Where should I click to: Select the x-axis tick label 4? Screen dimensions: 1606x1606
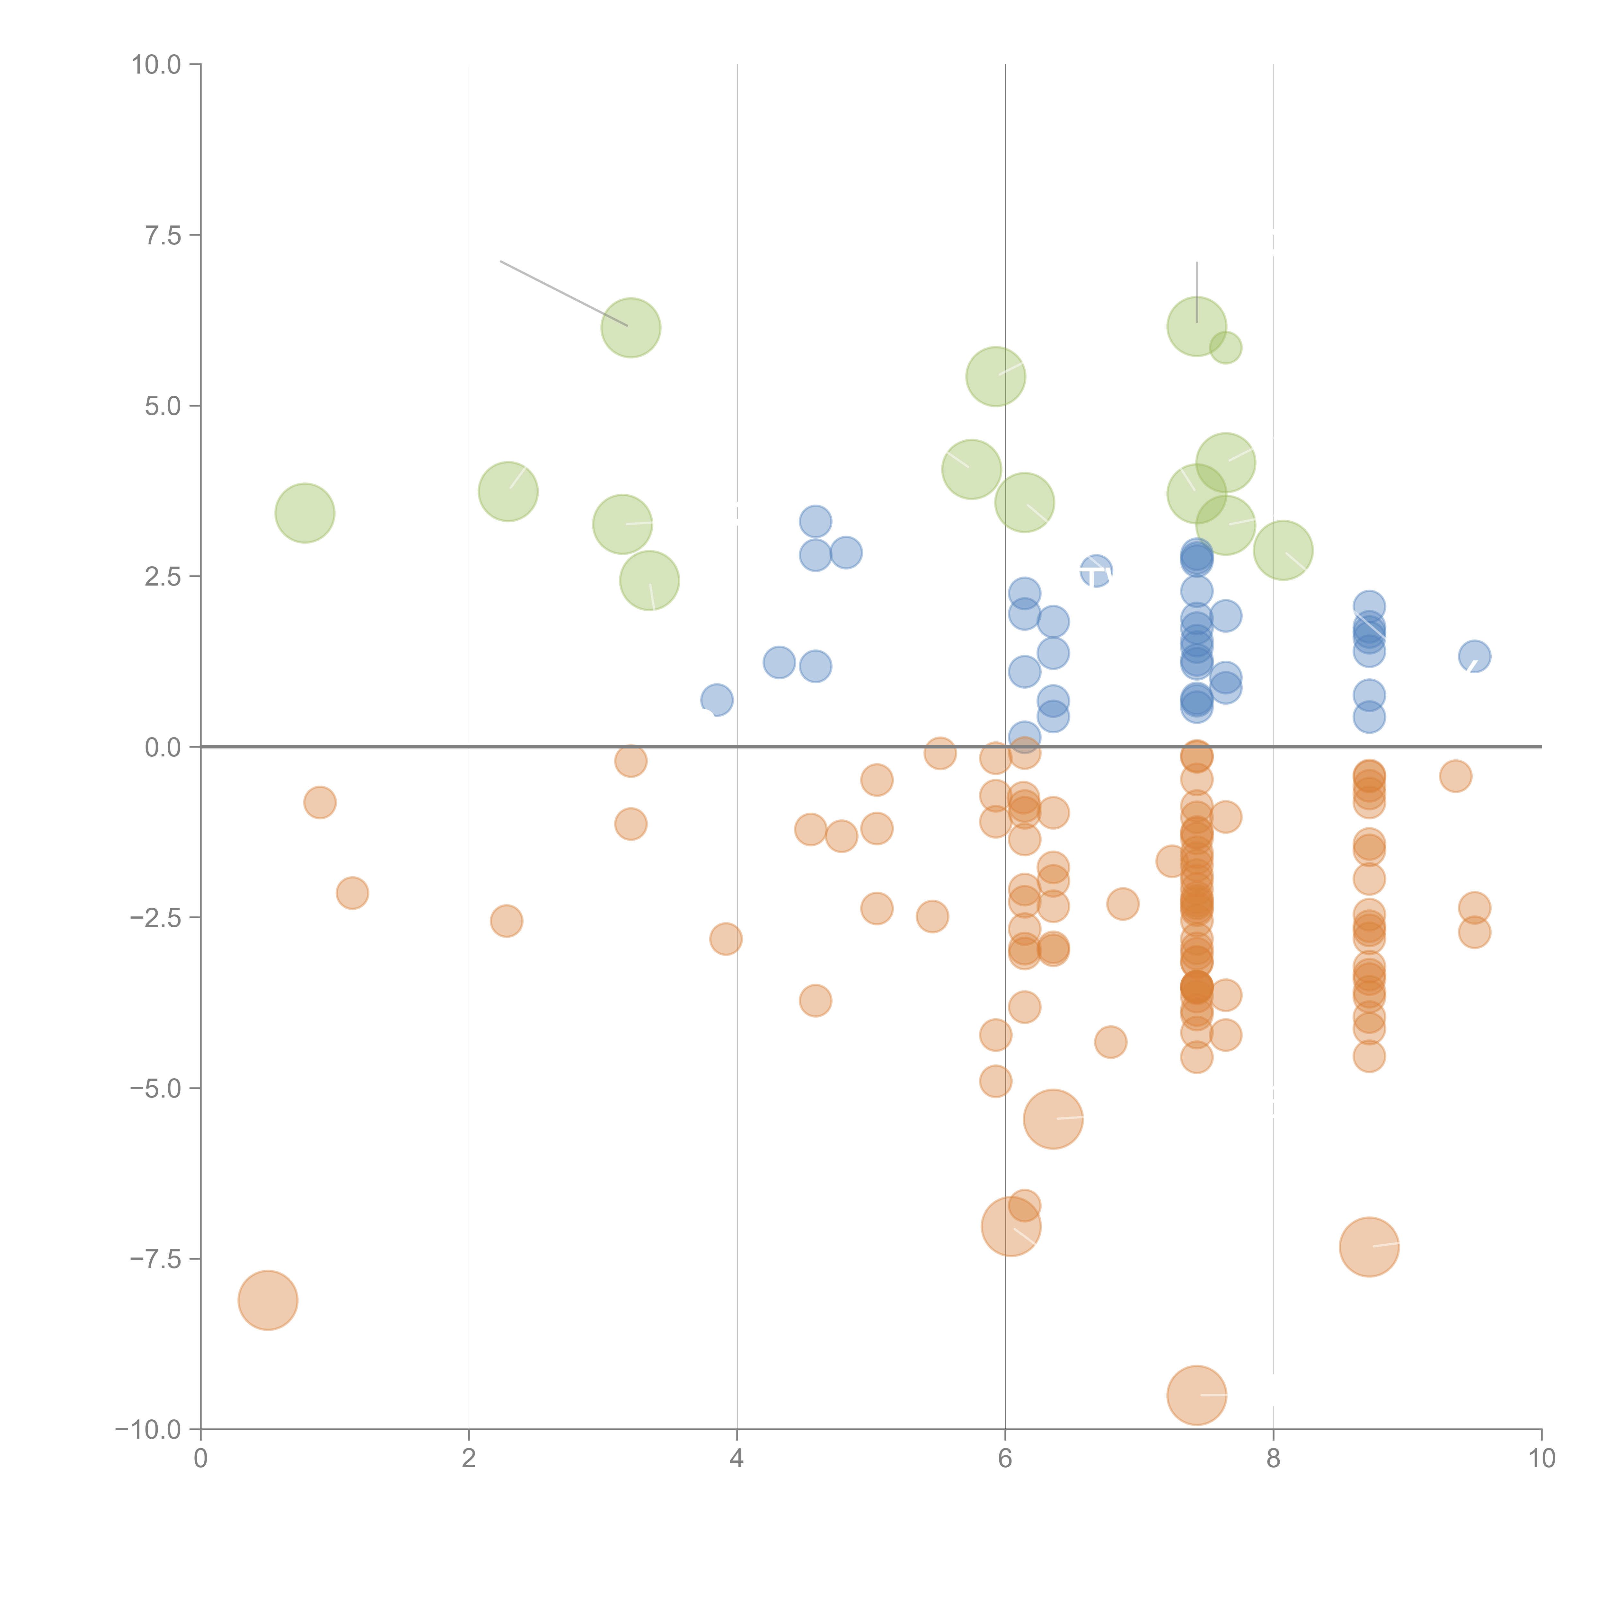pos(737,1459)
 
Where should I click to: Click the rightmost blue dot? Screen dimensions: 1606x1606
pos(1474,656)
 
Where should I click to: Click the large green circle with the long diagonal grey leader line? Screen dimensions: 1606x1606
pos(631,328)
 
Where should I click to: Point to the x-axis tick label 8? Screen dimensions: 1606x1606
pos(1273,1459)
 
